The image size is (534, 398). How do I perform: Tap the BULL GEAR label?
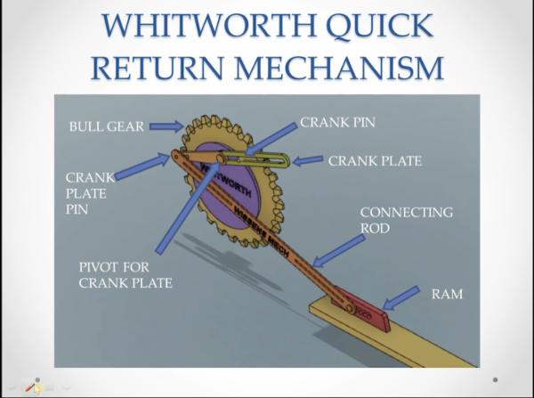point(106,126)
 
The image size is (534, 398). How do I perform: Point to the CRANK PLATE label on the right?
point(375,161)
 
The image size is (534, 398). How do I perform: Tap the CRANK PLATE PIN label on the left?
point(89,192)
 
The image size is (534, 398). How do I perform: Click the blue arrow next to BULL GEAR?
point(166,126)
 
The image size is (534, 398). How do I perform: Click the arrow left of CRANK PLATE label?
point(308,161)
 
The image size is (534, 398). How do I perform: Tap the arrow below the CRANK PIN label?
point(271,137)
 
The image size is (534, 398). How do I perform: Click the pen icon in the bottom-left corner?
point(33,386)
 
